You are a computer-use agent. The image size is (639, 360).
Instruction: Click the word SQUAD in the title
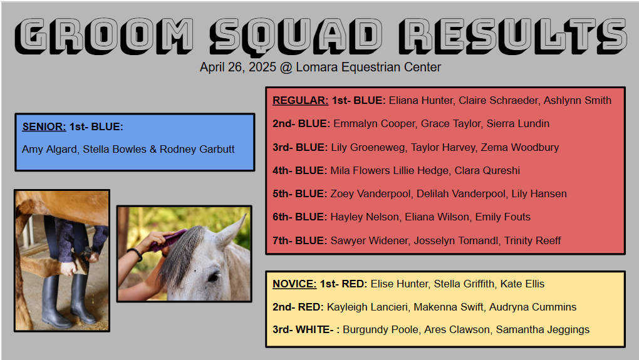[x=296, y=36]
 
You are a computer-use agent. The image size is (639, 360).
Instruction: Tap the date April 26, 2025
[x=238, y=67]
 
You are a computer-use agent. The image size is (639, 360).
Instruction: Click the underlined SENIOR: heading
[x=44, y=126]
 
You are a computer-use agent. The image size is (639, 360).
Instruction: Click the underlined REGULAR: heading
[x=300, y=100]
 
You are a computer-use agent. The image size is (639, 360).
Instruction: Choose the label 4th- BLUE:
[x=299, y=170]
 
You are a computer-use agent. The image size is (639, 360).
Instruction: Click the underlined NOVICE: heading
[x=294, y=284]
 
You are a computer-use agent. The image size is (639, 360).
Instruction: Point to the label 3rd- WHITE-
[x=303, y=329]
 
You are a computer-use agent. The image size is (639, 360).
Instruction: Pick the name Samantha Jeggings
[x=543, y=329]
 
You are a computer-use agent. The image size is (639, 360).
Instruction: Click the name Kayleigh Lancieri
[x=367, y=307]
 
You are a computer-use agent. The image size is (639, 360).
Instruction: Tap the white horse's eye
[x=214, y=277]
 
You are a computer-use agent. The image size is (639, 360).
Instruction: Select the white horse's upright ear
[x=231, y=230]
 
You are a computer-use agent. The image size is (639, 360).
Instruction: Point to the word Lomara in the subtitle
[x=316, y=67]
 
